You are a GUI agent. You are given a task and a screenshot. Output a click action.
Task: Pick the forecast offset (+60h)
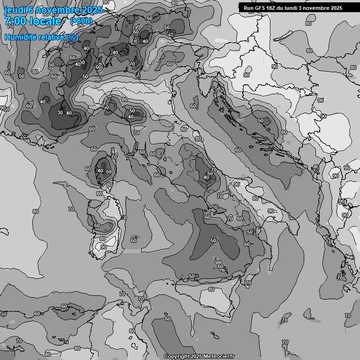pos(81,21)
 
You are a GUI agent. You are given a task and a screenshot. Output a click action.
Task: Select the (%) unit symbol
pos(72,37)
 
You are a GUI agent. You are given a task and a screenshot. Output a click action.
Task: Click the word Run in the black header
pos(248,8)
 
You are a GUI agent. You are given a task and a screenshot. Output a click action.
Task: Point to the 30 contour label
pos(60,112)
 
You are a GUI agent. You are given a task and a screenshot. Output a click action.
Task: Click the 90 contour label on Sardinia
pos(103,247)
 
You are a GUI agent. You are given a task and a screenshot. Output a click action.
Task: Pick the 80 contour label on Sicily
pos(211,289)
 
